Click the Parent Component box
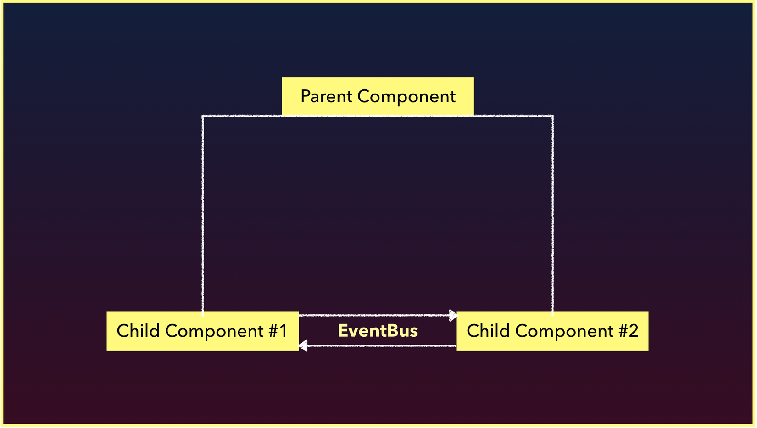pos(378,96)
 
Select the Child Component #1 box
pos(202,331)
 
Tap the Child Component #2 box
pos(552,331)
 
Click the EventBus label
pos(378,331)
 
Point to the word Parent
pos(327,97)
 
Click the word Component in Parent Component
pos(406,97)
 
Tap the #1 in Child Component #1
pos(278,331)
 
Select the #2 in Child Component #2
pos(628,331)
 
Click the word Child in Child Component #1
pos(138,330)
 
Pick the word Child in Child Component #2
pos(488,330)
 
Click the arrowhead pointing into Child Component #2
pos(453,315)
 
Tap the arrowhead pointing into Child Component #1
pos(303,345)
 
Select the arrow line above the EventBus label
pos(378,315)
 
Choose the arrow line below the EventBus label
pos(378,345)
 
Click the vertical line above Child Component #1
pos(202,214)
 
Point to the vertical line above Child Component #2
pos(552,214)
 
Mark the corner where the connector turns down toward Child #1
pos(202,116)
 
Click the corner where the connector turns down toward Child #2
pos(552,116)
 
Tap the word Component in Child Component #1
pos(214,331)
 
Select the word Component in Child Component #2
pos(564,331)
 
